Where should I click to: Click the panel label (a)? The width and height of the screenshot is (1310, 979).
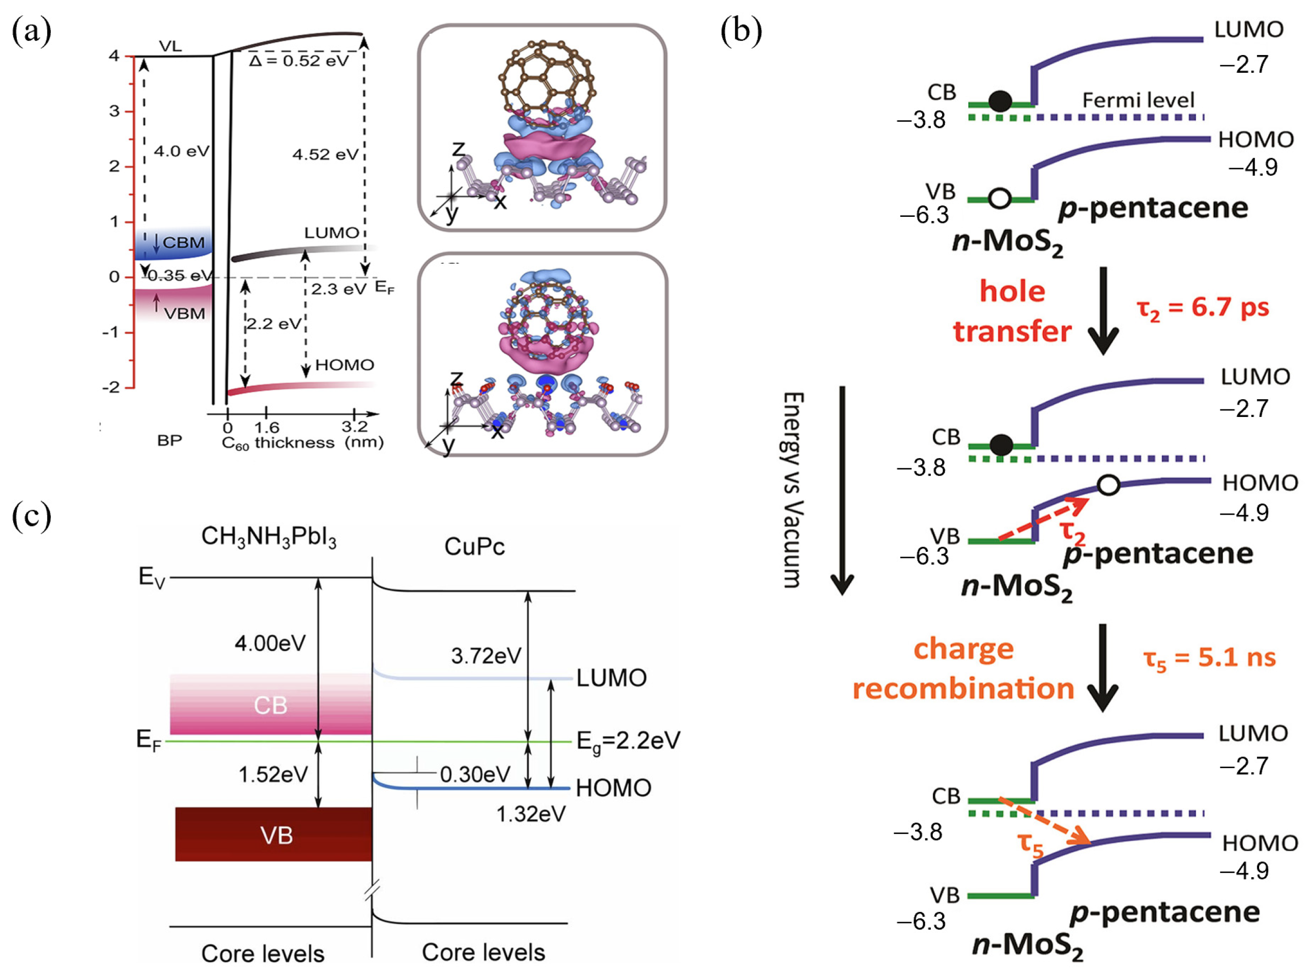tap(32, 31)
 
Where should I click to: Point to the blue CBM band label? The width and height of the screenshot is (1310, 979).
tap(183, 243)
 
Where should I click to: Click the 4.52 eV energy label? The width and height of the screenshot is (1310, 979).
tap(325, 155)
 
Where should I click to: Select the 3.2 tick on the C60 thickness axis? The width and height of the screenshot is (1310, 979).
tap(354, 427)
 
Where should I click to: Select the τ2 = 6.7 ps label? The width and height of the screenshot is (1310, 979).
tap(1202, 308)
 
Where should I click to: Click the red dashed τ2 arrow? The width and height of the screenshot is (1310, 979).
tap(1043, 519)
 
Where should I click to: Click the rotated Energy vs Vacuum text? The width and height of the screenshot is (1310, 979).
tap(793, 489)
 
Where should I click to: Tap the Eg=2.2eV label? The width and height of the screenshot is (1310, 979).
tap(628, 741)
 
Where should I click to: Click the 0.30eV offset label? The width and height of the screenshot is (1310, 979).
tap(474, 774)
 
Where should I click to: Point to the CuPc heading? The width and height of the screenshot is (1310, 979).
tap(474, 546)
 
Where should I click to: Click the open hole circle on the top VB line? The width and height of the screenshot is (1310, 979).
tap(1000, 199)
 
